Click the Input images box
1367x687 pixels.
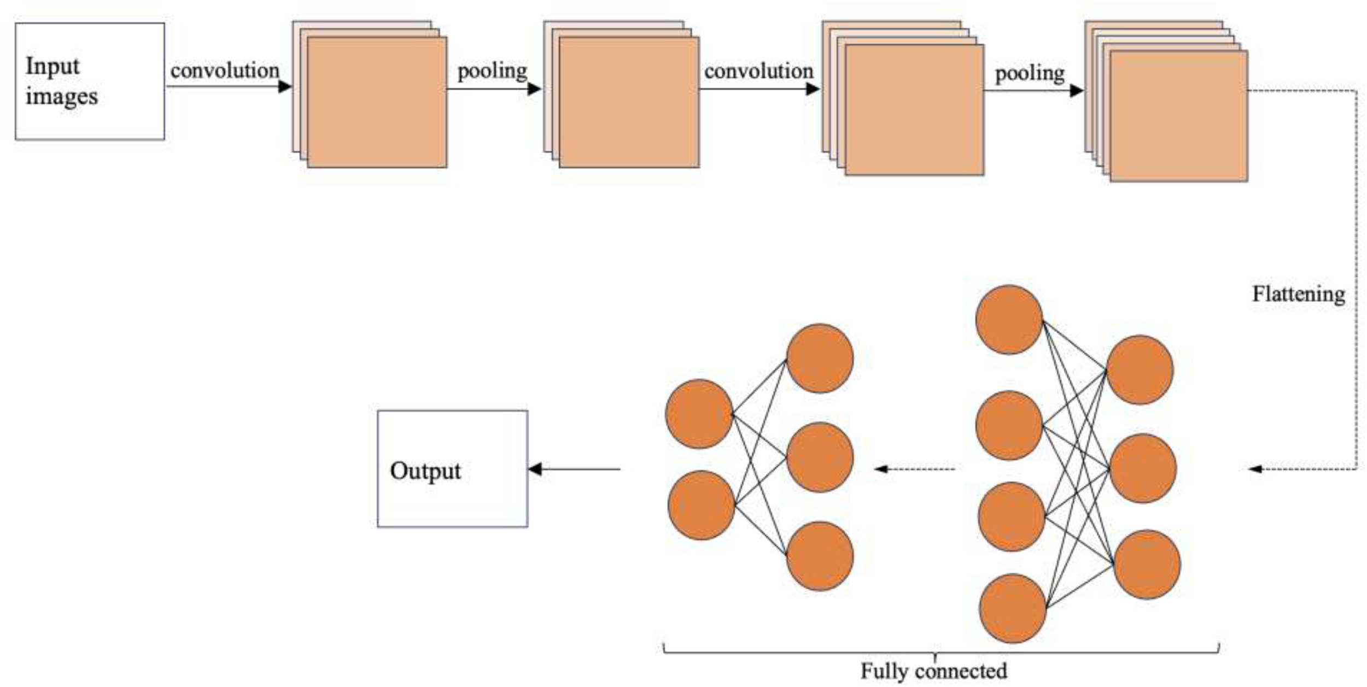click(x=90, y=81)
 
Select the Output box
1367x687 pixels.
click(x=452, y=468)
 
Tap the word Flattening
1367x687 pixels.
click(x=1298, y=294)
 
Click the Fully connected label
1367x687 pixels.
click(x=933, y=671)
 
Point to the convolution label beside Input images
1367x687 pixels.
click(x=225, y=71)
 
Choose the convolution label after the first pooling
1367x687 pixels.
click(x=758, y=71)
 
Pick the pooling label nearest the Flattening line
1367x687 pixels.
click(x=1030, y=73)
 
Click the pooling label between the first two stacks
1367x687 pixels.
click(x=492, y=71)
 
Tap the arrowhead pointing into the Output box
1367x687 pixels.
click(x=535, y=469)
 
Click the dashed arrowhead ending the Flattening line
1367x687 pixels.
click(x=1255, y=469)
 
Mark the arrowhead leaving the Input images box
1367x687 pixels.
click(x=285, y=86)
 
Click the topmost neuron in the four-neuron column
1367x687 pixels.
click(x=1009, y=320)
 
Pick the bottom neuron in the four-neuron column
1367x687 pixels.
click(x=1012, y=608)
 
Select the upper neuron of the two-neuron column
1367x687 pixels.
click(x=699, y=414)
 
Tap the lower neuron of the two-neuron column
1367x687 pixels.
click(x=701, y=505)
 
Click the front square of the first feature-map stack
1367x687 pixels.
click(x=377, y=102)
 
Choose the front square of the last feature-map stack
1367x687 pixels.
click(x=1178, y=116)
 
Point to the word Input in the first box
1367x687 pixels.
click(x=52, y=66)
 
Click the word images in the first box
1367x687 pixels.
click(x=61, y=96)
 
